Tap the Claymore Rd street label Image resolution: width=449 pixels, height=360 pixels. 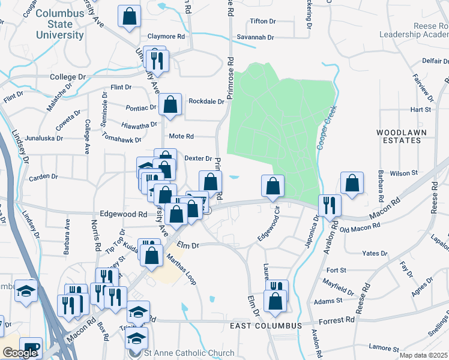(163, 36)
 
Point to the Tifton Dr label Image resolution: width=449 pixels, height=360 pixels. (262, 21)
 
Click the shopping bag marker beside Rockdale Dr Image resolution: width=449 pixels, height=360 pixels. (170, 105)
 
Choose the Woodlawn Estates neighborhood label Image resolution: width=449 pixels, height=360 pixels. (399, 136)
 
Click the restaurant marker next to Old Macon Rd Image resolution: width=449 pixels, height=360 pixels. (329, 205)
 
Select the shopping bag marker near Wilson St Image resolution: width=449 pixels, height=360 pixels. (352, 184)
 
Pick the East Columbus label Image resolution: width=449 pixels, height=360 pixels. (265, 325)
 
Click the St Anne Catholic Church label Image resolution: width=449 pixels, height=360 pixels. (189, 353)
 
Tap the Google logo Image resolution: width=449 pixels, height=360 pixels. (20, 353)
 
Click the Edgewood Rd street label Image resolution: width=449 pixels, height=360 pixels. (124, 214)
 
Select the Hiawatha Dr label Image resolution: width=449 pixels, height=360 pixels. (139, 124)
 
